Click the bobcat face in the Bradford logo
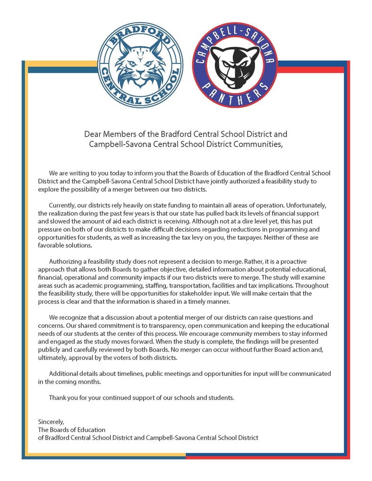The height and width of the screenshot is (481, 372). click(x=140, y=64)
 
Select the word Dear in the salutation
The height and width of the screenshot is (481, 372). click(x=92, y=134)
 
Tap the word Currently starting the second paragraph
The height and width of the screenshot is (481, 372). click(x=63, y=205)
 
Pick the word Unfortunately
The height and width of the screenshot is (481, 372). click(x=311, y=205)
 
